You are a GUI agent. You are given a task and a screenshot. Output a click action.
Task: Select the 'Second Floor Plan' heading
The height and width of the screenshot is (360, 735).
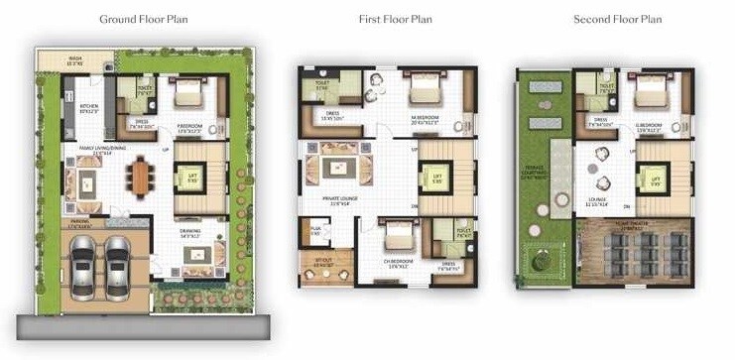pyautogui.click(x=617, y=20)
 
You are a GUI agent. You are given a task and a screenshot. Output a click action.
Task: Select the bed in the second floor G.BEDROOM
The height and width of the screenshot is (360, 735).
pyautogui.click(x=649, y=96)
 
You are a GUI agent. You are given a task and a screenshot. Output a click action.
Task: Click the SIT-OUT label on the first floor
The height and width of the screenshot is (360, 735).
pyautogui.click(x=320, y=264)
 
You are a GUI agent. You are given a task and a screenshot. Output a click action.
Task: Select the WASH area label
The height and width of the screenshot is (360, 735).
pyautogui.click(x=75, y=60)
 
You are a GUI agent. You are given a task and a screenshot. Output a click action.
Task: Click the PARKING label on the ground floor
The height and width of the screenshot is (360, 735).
pyautogui.click(x=77, y=224)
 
